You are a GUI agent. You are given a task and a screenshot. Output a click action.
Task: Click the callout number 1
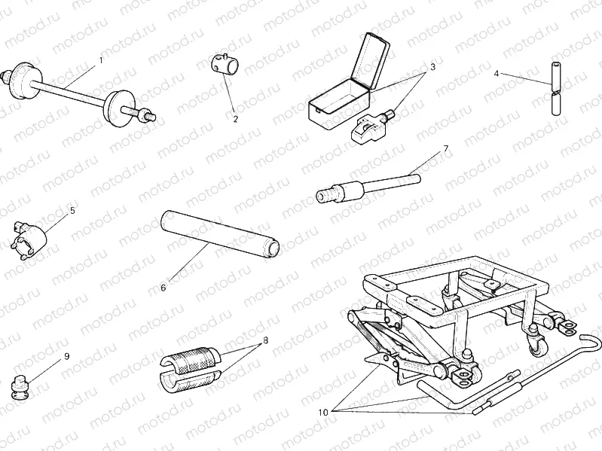pyautogui.click(x=101, y=59)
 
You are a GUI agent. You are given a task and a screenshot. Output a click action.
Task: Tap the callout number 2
pyautogui.click(x=235, y=118)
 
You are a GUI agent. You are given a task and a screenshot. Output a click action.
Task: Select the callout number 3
pyautogui.click(x=432, y=67)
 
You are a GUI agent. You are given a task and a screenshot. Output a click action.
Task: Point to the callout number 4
pyautogui.click(x=497, y=73)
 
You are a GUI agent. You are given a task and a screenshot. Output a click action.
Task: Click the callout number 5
pyautogui.click(x=72, y=211)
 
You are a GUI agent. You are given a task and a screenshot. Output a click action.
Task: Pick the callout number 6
pyautogui.click(x=163, y=287)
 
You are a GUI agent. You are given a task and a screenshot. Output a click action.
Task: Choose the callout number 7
pyautogui.click(x=445, y=148)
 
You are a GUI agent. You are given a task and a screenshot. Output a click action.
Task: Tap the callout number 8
pyautogui.click(x=265, y=341)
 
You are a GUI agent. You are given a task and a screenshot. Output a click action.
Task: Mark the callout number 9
pyautogui.click(x=67, y=356)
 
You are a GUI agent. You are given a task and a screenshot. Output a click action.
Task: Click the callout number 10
pyautogui.click(x=323, y=412)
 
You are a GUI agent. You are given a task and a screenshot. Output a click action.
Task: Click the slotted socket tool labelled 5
pyautogui.click(x=30, y=237)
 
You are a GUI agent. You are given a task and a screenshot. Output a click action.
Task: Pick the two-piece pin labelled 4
pyautogui.click(x=556, y=88)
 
